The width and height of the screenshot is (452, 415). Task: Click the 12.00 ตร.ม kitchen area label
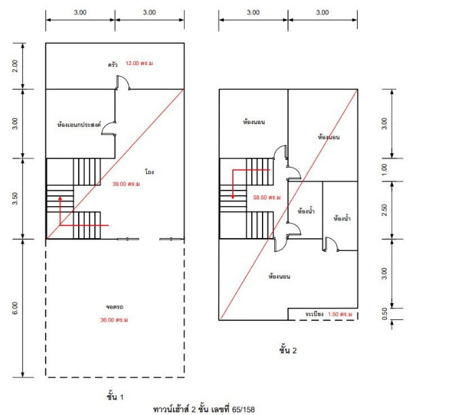point(139,63)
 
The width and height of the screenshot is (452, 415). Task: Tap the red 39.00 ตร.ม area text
point(126,184)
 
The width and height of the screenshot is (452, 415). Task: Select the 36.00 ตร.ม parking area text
point(114,319)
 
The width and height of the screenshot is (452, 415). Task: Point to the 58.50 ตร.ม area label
point(267,197)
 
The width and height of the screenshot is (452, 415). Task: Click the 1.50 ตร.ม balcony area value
point(340,314)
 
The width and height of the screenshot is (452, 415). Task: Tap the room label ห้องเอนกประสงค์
point(79,125)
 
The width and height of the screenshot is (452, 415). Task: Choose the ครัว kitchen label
point(113,64)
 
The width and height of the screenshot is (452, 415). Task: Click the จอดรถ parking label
point(115,307)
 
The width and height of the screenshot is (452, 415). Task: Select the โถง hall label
point(149,172)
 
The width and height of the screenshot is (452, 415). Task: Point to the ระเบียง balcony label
point(314,314)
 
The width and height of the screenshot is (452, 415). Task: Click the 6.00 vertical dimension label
point(15,308)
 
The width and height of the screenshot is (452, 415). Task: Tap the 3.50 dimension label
point(15,199)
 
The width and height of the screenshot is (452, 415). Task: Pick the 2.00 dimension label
point(15,66)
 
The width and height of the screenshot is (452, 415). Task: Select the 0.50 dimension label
point(384,314)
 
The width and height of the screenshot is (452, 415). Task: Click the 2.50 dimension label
point(384,210)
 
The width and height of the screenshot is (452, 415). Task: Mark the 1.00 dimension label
point(384,170)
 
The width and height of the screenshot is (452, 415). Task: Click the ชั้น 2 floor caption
point(288,350)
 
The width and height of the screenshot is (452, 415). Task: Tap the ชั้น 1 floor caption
point(115,397)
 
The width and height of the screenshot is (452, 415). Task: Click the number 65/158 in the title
point(243,410)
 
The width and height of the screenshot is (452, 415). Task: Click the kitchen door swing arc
point(126,79)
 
